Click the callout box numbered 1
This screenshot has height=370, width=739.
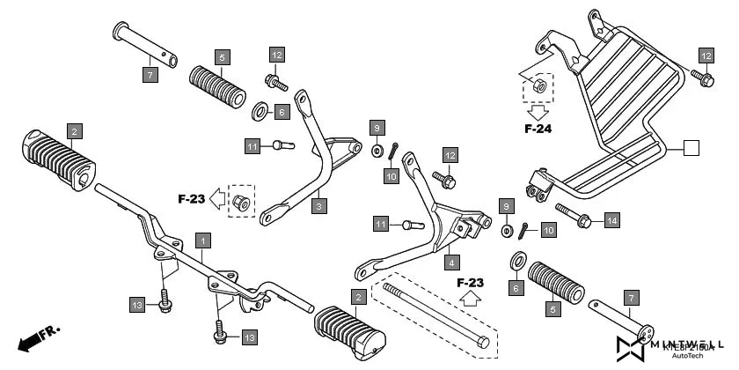[203, 240]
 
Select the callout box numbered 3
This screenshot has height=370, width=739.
[320, 206]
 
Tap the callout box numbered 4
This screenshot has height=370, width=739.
[451, 262]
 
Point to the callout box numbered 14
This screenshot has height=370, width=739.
[611, 218]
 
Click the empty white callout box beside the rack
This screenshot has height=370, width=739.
[691, 148]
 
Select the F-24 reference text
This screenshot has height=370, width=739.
[538, 129]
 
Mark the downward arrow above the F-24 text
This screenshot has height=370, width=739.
[538, 111]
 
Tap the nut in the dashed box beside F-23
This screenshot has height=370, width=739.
[239, 201]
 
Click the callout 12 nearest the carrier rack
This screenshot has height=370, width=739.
[706, 55]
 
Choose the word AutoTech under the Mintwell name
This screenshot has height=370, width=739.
[686, 356]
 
